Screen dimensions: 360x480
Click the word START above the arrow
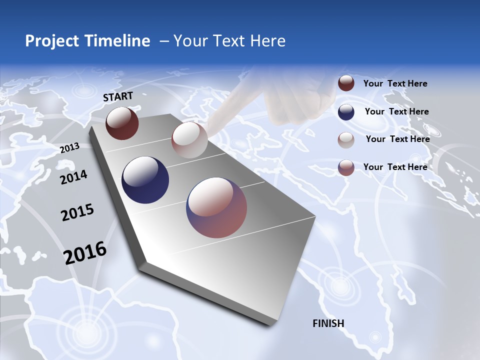(118, 96)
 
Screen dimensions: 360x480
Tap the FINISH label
(328, 323)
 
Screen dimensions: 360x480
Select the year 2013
(69, 147)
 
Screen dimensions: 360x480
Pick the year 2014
(73, 177)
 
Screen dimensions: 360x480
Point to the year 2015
(77, 213)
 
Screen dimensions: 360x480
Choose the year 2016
(85, 253)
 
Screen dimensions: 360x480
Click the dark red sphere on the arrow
(122, 123)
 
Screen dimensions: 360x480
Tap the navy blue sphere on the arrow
(145, 180)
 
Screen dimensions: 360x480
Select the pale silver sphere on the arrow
(189, 140)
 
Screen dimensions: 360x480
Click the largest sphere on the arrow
(216, 207)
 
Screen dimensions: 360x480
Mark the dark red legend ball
(346, 83)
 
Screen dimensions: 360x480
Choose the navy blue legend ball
(346, 111)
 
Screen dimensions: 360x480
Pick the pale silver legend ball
(346, 139)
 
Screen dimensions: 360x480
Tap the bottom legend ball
(346, 167)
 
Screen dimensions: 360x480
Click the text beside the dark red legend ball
(395, 83)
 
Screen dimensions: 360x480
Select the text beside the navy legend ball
(396, 111)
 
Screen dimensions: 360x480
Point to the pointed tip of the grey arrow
(270, 324)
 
